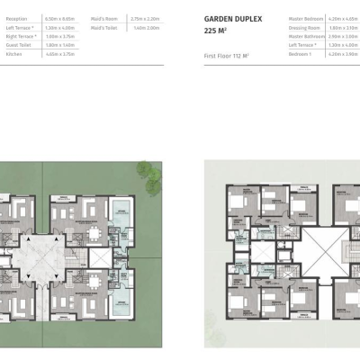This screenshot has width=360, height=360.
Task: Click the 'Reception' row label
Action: point(18,17)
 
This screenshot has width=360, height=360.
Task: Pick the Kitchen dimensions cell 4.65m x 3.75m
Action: point(59,54)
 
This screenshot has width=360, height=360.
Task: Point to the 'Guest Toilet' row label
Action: point(20,45)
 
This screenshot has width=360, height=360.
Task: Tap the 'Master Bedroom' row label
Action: point(306,17)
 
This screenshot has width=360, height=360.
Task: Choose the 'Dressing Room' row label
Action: point(305,27)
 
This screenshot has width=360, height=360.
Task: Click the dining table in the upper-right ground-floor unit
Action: point(93,231)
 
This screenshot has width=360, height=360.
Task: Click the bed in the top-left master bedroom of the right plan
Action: point(236,200)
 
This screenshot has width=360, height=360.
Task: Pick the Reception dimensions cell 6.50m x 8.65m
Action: point(59,17)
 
